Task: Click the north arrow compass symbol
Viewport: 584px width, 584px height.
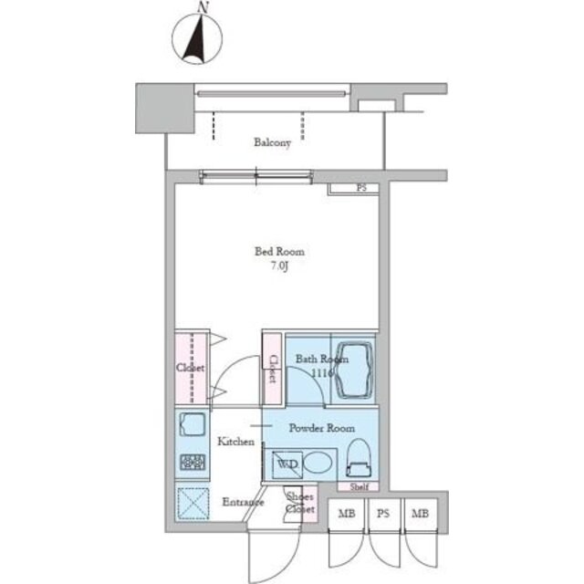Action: click(x=197, y=38)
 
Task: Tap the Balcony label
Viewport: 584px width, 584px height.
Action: click(x=272, y=142)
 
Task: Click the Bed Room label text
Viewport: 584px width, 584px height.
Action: click(x=279, y=252)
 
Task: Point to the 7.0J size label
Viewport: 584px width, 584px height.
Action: click(x=280, y=266)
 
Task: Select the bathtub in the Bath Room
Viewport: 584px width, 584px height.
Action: click(x=354, y=371)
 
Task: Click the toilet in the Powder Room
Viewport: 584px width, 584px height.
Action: click(x=359, y=458)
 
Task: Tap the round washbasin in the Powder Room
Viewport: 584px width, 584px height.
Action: click(x=318, y=463)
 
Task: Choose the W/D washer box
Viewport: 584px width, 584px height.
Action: click(x=287, y=464)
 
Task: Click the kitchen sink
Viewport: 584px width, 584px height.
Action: click(x=193, y=424)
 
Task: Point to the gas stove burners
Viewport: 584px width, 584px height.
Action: click(x=193, y=463)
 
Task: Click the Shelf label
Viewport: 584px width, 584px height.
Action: click(x=359, y=486)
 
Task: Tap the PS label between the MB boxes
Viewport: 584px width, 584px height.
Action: click(x=383, y=514)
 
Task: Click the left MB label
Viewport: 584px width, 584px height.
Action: click(x=347, y=514)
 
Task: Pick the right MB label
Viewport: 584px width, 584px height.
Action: click(x=420, y=514)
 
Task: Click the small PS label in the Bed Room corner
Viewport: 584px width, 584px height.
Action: click(x=361, y=188)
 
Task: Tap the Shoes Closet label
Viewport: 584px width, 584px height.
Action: click(x=300, y=503)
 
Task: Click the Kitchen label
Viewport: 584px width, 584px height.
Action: click(x=236, y=442)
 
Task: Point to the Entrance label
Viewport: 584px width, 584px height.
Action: click(x=243, y=502)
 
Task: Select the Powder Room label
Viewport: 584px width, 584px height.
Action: click(x=322, y=428)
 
